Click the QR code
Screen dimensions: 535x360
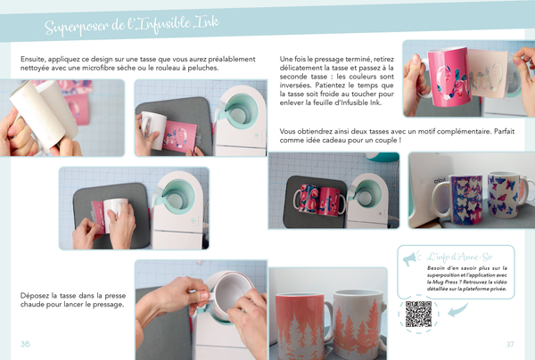point(418,314)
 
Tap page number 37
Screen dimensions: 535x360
point(510,344)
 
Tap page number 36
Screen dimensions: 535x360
point(25,344)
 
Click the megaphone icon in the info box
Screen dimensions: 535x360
point(412,258)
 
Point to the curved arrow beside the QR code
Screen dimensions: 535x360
point(457,310)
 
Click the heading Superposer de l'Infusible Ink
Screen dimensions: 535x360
point(132,25)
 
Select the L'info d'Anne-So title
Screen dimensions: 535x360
point(459,257)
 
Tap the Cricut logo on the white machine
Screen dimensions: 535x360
point(440,180)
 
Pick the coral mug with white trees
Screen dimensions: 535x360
point(301,325)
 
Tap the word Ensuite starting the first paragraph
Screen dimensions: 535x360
point(33,59)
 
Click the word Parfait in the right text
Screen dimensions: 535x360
point(504,131)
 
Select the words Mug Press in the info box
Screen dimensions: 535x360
point(445,282)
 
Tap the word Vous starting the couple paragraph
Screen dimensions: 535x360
point(287,131)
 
